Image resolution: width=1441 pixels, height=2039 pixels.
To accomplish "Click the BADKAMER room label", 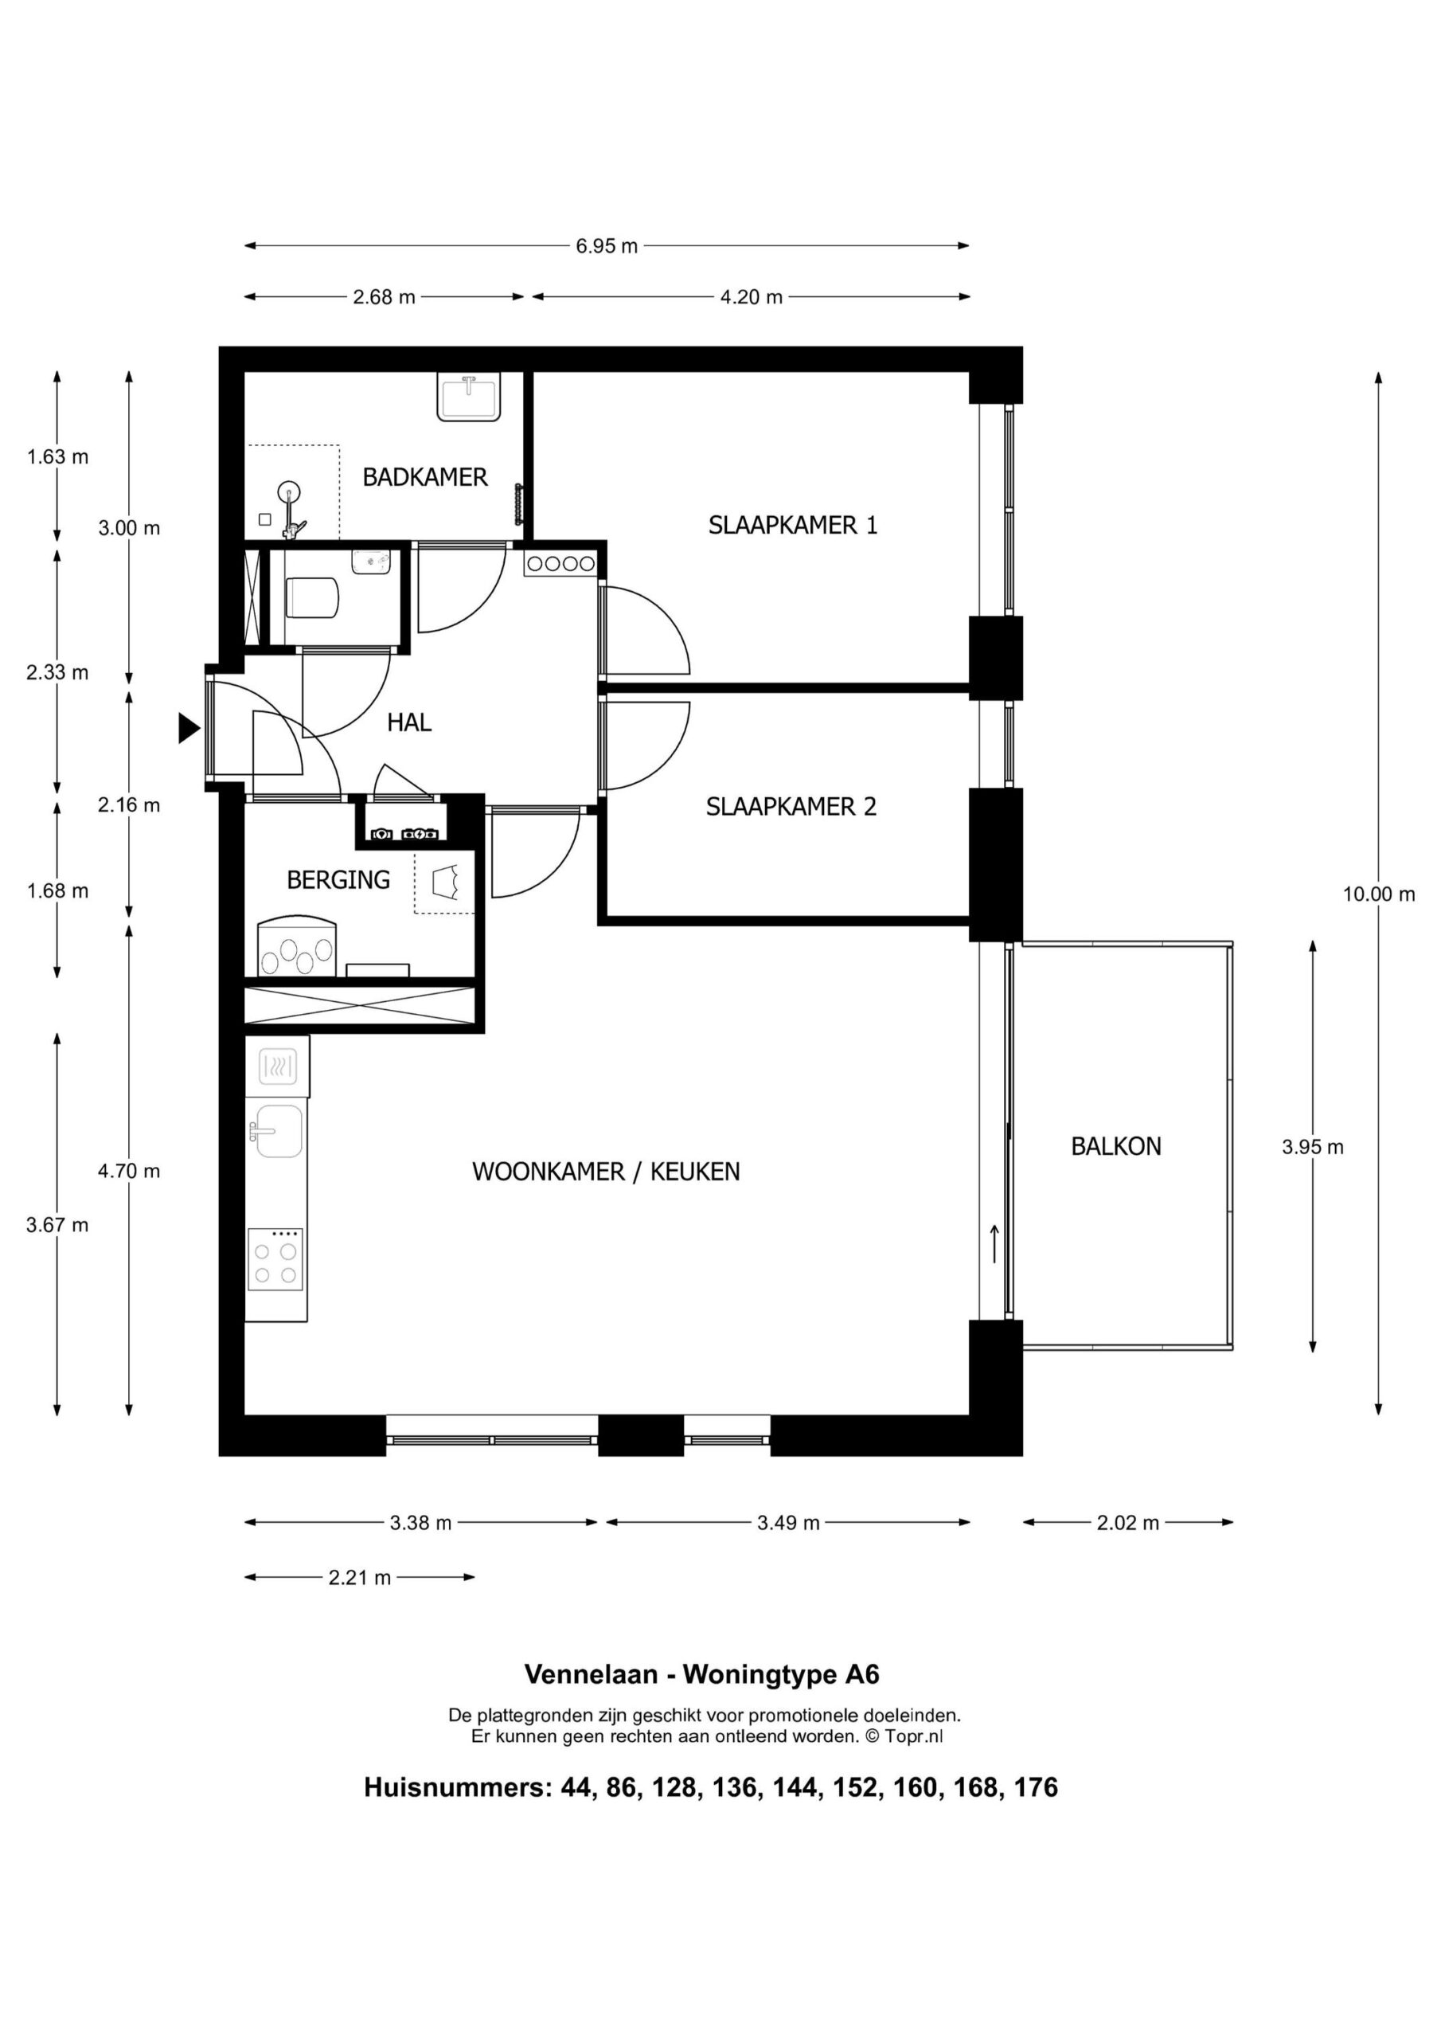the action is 425,478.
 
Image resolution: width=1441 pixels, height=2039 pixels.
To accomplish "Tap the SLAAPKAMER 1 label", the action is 793,526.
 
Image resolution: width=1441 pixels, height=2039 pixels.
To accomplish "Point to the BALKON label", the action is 1116,1146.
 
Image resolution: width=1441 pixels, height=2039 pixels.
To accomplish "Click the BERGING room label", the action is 338,880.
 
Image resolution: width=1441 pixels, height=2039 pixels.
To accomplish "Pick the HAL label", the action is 409,723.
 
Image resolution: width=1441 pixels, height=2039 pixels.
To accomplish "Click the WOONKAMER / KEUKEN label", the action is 607,1172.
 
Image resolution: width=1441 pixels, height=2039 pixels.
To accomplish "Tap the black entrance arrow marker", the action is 188,728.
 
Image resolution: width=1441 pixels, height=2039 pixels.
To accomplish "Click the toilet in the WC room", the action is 310,597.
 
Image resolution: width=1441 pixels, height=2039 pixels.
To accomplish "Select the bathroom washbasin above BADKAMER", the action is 469,396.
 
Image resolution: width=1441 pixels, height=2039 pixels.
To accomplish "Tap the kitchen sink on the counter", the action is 278,1131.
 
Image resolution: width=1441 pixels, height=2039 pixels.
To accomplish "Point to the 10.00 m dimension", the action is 1379,894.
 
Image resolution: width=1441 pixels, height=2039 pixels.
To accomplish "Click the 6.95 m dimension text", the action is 607,246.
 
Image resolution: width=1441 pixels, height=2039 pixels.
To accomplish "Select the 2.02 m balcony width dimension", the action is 1127,1523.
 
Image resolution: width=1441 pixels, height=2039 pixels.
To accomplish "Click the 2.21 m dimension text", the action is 360,1578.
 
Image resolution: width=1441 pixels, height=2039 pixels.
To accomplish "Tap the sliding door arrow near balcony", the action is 994,1243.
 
